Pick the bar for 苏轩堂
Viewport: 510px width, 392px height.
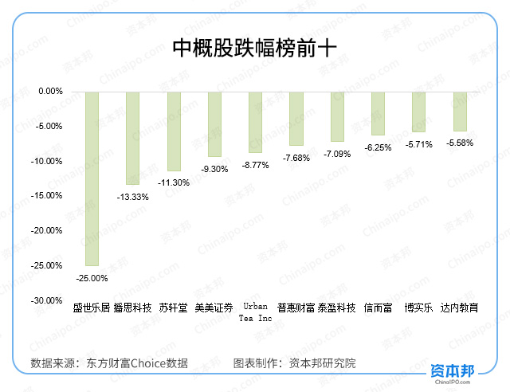(x=174, y=131)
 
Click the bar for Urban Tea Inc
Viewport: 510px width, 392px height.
(x=255, y=121)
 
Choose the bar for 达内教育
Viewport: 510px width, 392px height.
(x=460, y=111)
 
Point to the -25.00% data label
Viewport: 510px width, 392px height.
(x=92, y=278)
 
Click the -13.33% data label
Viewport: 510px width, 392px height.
(x=132, y=197)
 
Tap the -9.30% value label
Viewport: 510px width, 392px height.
(x=214, y=169)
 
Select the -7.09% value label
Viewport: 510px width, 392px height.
(x=337, y=153)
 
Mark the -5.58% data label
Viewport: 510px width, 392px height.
(x=460, y=143)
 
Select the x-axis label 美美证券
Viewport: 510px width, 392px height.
(x=214, y=308)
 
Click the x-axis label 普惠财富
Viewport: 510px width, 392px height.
(x=296, y=308)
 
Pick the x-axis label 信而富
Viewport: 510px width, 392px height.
(x=378, y=308)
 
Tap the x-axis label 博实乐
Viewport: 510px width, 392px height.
(x=418, y=308)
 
